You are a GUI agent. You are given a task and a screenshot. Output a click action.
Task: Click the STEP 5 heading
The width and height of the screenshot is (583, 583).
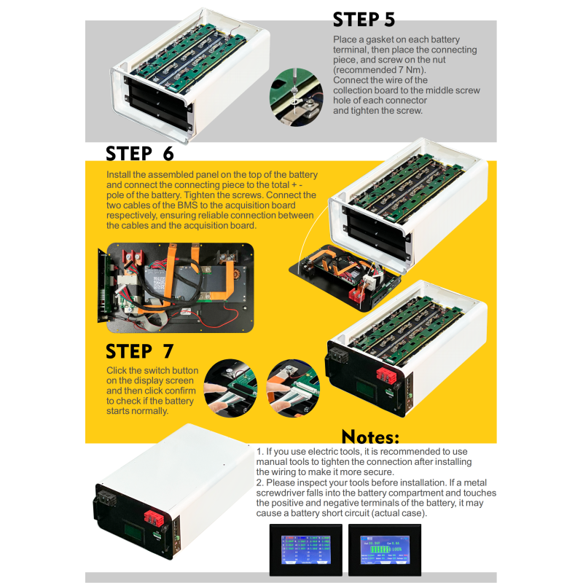(x=364, y=19)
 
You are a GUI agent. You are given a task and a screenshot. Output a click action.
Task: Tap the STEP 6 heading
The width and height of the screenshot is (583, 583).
(x=140, y=154)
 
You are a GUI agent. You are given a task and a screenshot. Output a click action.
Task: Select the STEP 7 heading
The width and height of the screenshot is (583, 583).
(x=140, y=351)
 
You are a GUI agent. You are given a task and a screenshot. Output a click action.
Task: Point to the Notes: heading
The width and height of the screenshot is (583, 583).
(x=370, y=437)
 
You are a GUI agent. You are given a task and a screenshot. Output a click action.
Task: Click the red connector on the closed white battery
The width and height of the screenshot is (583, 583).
(x=152, y=519)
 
